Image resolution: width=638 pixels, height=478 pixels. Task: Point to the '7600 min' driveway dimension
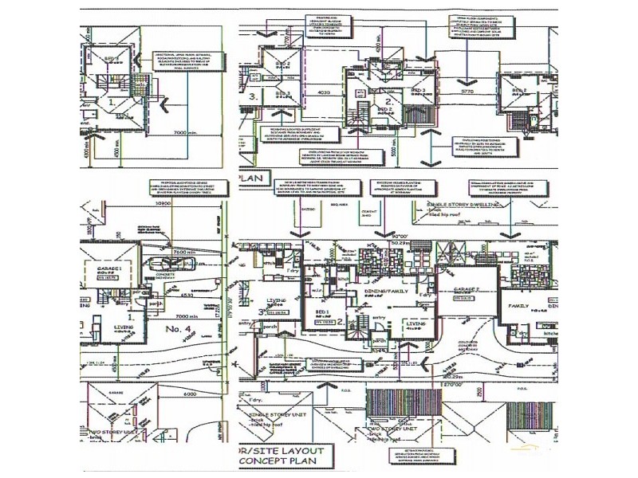tap(185, 253)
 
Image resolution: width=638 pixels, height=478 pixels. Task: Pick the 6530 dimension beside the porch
tap(187, 294)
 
